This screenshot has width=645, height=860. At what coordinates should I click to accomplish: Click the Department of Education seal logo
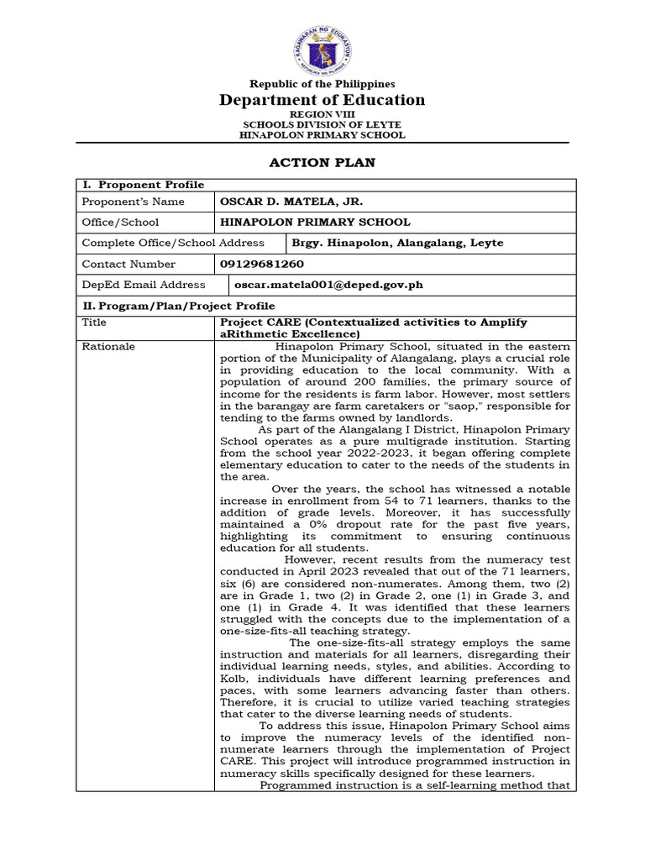coord(322,48)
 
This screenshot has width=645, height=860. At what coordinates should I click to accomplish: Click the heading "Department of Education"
coord(322,100)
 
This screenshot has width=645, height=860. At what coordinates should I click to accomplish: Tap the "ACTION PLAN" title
coord(322,162)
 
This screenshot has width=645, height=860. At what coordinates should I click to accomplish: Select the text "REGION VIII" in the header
coord(322,113)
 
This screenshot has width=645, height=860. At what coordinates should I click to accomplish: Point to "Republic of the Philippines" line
coord(322,84)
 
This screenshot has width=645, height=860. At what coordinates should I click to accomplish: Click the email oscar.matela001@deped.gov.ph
coord(322,285)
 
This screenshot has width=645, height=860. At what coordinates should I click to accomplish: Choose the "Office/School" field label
coord(120,223)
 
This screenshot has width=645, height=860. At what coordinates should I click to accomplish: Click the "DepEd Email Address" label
coord(144,285)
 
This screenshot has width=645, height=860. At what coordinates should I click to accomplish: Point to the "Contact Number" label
coord(128,264)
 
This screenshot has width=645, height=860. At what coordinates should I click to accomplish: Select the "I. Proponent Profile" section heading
coord(142,185)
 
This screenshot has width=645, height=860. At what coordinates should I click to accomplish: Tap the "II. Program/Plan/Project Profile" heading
coord(178,306)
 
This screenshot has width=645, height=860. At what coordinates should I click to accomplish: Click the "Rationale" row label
coord(108,346)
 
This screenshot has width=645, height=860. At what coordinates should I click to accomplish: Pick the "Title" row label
coord(94,322)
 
